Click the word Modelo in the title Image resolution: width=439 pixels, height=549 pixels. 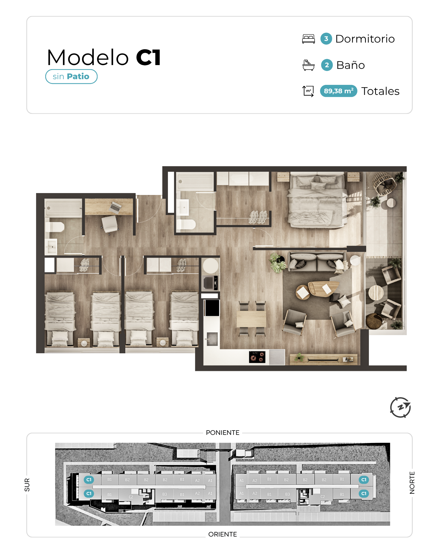(x=88, y=57)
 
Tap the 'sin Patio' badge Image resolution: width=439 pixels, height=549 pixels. (x=71, y=76)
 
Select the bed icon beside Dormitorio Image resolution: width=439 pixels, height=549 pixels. (x=308, y=39)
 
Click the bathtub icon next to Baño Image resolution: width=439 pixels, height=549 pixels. (x=308, y=65)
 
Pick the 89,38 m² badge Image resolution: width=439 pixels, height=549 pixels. (x=338, y=91)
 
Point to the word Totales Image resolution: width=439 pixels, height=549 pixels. (x=380, y=91)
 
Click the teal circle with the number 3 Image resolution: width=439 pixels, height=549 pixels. (x=326, y=39)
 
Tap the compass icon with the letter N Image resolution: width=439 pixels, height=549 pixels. (x=401, y=407)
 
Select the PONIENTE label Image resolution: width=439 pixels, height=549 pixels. (x=222, y=433)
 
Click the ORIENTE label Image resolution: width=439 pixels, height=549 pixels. (x=222, y=534)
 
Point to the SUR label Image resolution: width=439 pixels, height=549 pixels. (x=27, y=485)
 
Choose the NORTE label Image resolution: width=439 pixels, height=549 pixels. (x=412, y=483)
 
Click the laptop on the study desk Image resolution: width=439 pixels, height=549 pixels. (x=116, y=207)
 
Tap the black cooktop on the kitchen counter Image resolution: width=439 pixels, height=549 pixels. (x=257, y=357)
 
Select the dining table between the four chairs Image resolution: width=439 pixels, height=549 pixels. (x=251, y=319)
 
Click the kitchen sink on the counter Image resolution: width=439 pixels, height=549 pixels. (x=212, y=339)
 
